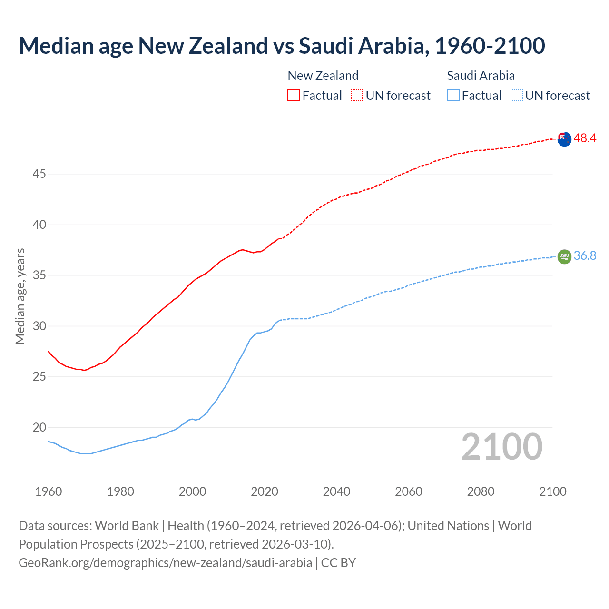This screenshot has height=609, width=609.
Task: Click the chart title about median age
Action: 282,46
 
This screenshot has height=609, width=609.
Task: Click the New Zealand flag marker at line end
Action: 564,139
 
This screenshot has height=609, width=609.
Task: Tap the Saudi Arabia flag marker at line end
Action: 564,256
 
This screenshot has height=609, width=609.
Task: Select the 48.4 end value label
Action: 585,138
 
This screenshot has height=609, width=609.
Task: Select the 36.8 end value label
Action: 585,255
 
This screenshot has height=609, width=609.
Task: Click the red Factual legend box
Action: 294,95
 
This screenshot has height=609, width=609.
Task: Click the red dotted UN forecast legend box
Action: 357,95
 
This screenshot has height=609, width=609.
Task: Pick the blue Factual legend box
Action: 453,95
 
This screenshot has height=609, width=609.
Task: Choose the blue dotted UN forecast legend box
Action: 516,95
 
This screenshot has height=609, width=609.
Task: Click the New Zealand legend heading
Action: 323,76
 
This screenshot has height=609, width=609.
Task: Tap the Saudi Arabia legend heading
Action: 481,76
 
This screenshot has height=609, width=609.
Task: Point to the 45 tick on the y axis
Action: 39,174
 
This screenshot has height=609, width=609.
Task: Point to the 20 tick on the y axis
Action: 39,427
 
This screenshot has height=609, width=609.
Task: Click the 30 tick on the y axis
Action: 39,326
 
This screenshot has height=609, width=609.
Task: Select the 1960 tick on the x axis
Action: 49,491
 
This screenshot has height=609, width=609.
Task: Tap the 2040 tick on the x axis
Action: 336,491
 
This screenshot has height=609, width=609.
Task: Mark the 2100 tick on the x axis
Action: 552,491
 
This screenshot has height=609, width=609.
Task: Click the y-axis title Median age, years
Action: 20,296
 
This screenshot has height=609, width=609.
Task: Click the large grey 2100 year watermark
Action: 501,447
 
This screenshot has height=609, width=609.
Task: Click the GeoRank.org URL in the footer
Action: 165,562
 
